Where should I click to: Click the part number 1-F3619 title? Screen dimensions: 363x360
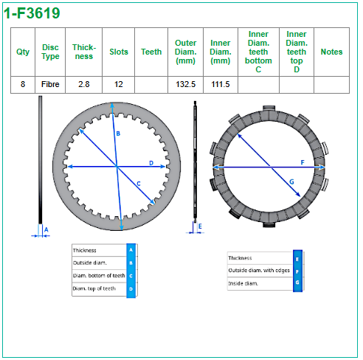[x=32, y=13]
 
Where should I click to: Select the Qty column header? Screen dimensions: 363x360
[x=23, y=52]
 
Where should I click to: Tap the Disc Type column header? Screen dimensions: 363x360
[x=50, y=52]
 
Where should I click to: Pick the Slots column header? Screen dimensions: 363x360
[x=119, y=52]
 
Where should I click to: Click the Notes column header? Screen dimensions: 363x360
[x=331, y=52]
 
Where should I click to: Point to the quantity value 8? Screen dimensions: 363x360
[x=23, y=84]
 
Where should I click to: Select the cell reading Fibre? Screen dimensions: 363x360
[x=50, y=84]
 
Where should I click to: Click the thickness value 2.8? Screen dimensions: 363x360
[x=84, y=84]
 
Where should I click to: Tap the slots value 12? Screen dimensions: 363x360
[x=118, y=84]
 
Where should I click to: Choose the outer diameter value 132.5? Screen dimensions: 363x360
[x=185, y=84]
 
